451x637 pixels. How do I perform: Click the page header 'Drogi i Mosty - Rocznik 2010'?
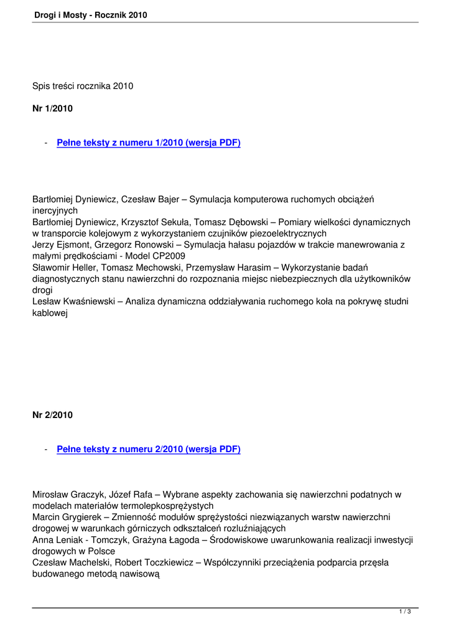[91, 15]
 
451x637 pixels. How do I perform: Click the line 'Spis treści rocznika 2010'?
[83, 86]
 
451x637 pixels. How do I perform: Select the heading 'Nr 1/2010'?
[52, 109]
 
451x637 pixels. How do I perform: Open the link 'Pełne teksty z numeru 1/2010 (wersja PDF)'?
[148, 143]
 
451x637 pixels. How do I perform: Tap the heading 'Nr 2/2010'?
[52, 415]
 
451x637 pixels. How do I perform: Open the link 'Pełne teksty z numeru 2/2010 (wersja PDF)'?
[148, 449]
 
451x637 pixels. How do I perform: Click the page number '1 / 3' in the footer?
[405, 613]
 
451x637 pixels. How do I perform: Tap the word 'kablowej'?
[50, 313]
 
